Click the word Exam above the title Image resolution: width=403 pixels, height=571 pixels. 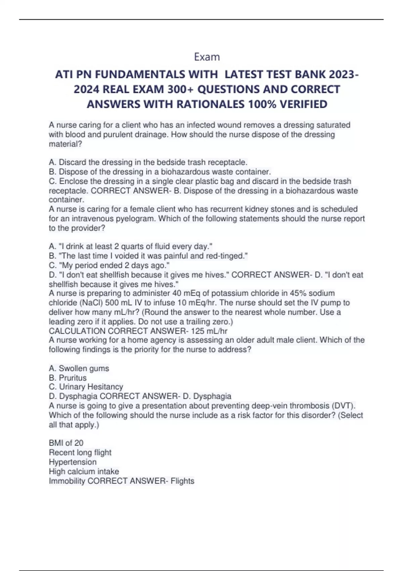pos(207,57)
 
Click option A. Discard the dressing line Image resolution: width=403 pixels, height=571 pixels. pos(148,162)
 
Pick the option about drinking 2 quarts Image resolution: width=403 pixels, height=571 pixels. pos(131,246)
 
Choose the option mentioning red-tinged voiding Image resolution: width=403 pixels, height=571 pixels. pos(148,256)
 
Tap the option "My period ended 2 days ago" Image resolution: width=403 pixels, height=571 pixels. pos(109,265)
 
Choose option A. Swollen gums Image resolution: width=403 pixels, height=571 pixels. pos(79,368)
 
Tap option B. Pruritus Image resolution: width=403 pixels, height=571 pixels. pos(68,378)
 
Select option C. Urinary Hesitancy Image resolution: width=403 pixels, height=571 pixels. pos(86,387)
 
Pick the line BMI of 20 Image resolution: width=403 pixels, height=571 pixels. pos(66,443)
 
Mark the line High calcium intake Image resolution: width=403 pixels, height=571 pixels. pos(84,472)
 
